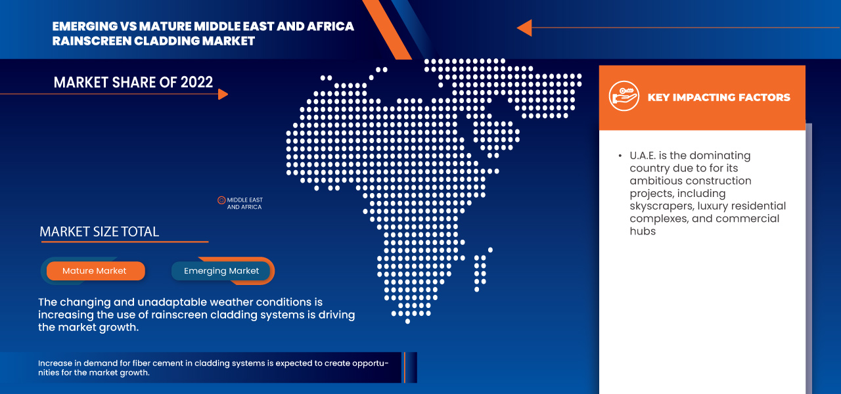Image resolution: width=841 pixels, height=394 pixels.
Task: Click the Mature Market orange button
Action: pos(95,271)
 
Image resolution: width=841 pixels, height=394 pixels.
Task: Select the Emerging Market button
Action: pos(221,271)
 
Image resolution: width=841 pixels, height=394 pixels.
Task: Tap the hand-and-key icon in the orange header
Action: pos(624,97)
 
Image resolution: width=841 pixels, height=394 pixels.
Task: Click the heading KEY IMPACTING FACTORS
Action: pos(719,97)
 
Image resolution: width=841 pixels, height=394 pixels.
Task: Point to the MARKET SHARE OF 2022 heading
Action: pos(133,82)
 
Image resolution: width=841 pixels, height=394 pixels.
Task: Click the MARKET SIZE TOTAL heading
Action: pos(99,232)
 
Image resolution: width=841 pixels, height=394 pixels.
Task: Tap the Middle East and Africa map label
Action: pos(244,204)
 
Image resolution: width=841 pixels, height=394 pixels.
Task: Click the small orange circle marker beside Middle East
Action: pos(221,200)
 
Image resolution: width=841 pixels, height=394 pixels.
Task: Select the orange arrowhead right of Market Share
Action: pos(223,94)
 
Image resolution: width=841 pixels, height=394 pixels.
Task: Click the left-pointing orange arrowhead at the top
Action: pos(524,28)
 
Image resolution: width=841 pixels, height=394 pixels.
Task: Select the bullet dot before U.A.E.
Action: pos(620,156)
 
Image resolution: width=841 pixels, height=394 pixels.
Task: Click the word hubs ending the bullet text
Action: pos(643,231)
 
